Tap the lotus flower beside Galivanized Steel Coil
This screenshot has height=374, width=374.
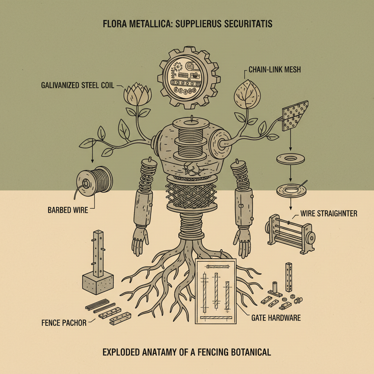pos(137,94)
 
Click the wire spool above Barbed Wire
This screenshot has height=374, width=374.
pos(95,181)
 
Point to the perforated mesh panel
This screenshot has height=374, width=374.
pos(295,116)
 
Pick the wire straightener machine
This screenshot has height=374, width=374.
pos(290,234)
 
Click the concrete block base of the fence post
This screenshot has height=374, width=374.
pos(98,283)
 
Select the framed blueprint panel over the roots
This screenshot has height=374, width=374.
pos(215,291)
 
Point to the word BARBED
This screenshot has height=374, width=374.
pos(59,210)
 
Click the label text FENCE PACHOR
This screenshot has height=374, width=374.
pos(64,323)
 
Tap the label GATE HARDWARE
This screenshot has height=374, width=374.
pos(276,318)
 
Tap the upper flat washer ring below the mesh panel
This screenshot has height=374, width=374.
pos(290,159)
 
